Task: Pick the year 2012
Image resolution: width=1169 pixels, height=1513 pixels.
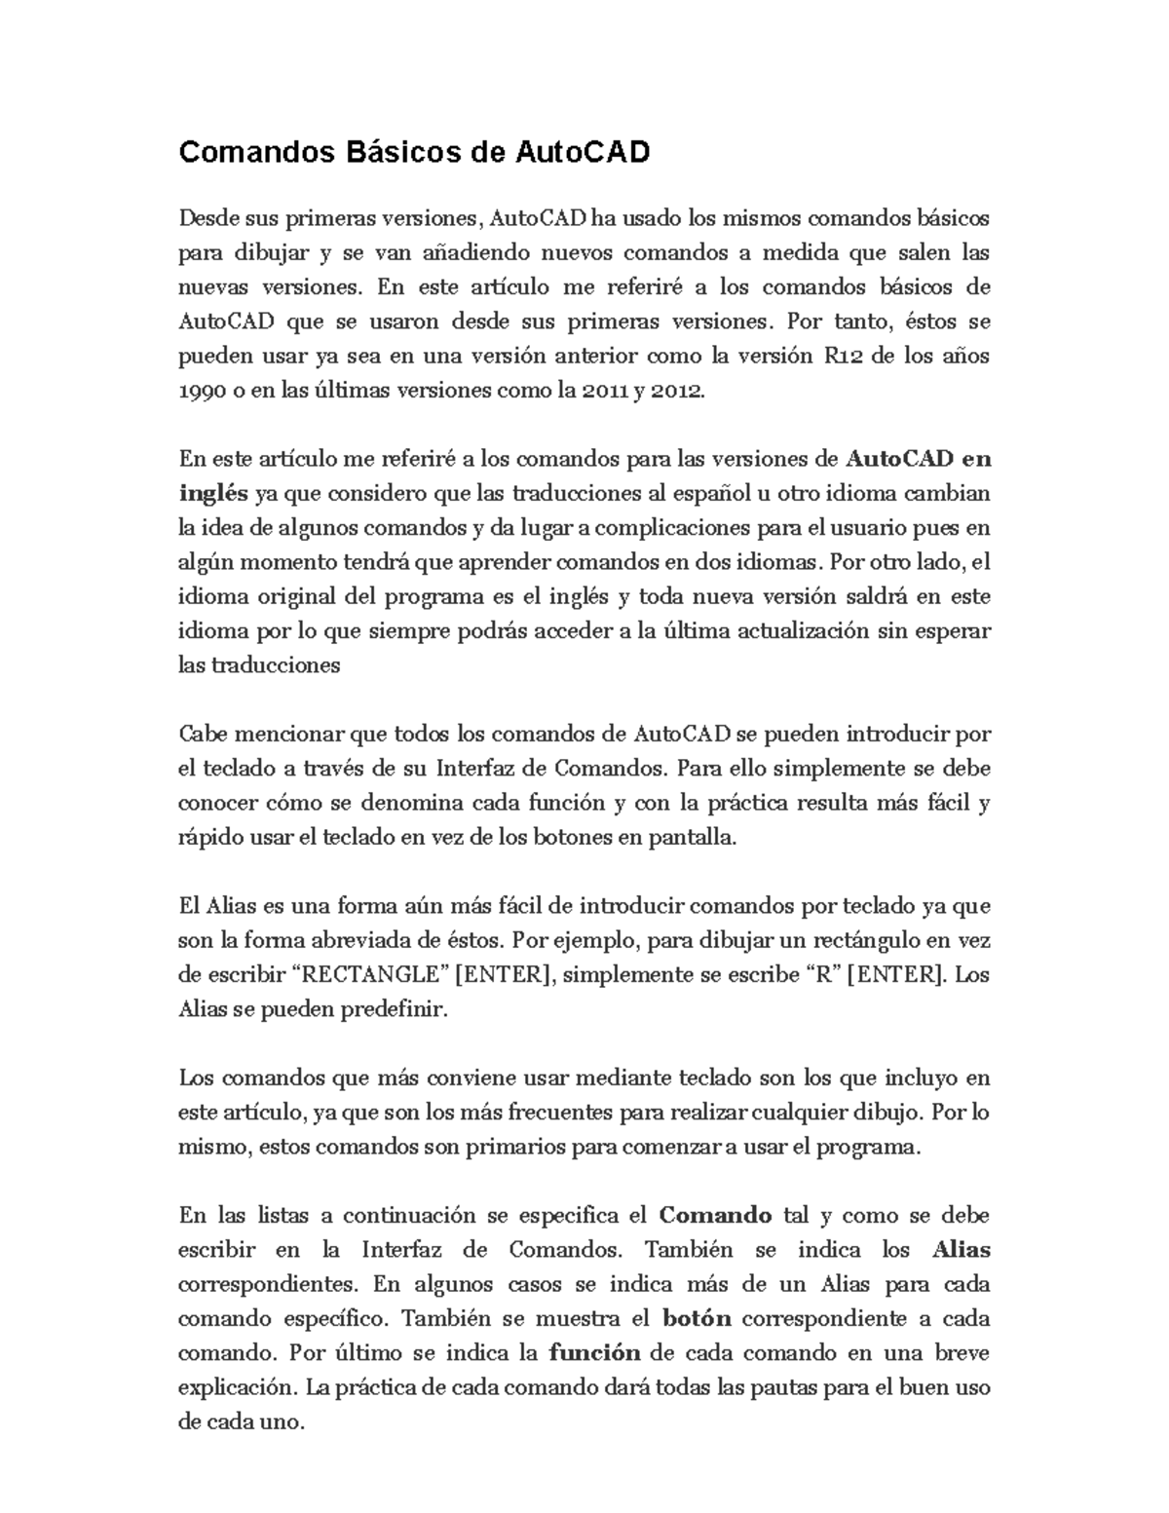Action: pos(675,390)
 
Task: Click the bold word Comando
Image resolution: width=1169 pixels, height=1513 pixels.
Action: pos(715,1216)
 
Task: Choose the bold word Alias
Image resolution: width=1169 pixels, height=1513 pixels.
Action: pos(961,1250)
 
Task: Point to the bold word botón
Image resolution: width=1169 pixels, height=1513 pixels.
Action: pos(696,1319)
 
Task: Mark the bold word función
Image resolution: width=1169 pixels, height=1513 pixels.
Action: pos(594,1353)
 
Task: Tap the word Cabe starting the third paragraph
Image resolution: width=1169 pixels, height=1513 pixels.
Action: pos(201,734)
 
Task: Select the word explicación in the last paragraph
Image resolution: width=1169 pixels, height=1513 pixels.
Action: pos(238,1387)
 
